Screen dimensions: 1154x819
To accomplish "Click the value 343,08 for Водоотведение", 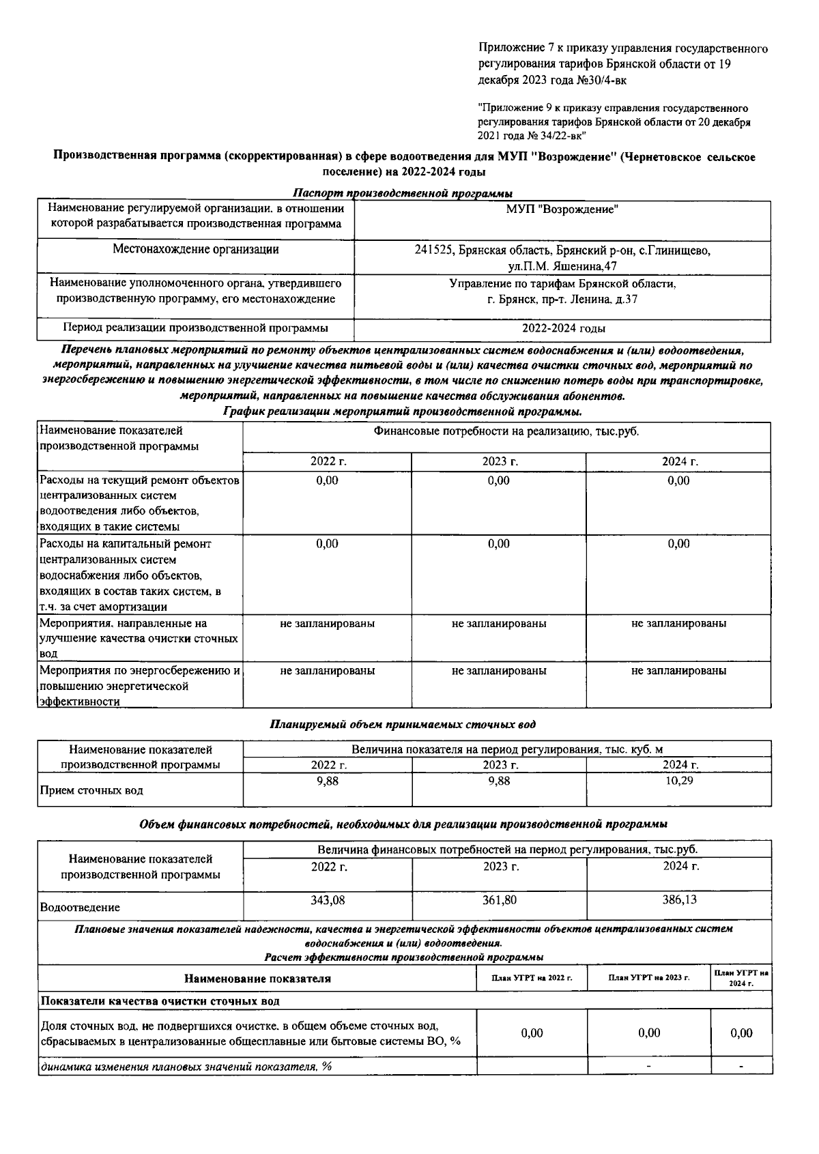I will (x=328, y=900).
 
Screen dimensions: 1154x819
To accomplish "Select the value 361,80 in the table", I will (x=499, y=900).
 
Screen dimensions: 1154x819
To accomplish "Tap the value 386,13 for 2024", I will (x=679, y=900).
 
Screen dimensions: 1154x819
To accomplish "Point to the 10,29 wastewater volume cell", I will (x=679, y=781).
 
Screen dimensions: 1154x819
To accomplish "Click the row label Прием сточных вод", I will (x=91, y=791).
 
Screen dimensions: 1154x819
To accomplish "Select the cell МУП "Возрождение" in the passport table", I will (x=562, y=210).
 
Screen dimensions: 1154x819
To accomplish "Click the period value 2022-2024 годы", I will (x=563, y=328).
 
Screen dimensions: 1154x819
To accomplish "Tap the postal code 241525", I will (x=433, y=250).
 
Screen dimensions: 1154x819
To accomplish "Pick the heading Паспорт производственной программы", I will (x=403, y=193).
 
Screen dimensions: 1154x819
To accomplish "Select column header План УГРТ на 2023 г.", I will (x=648, y=978).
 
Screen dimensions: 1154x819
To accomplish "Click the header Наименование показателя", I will (x=257, y=979).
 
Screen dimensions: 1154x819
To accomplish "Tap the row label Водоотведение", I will (x=80, y=908).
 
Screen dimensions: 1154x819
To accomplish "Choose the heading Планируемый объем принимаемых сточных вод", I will (x=403, y=724).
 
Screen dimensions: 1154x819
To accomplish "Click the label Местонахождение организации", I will (x=195, y=250).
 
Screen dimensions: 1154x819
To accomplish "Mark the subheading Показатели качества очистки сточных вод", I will (x=160, y=1001).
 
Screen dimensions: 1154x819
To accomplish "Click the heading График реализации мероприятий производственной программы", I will (x=403, y=412).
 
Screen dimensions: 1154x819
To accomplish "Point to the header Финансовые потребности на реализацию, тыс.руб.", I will (x=506, y=431).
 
